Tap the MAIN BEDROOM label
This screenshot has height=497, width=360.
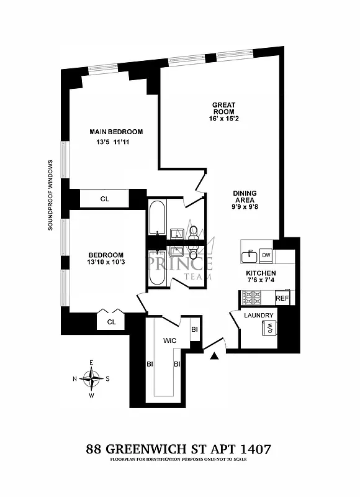(116, 132)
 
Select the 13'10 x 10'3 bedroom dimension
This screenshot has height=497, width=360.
(106, 263)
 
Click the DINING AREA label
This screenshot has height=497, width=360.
(245, 197)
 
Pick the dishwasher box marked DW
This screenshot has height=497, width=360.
(266, 255)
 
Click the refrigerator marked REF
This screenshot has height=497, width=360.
(282, 298)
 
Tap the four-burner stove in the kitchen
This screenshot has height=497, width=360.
(252, 298)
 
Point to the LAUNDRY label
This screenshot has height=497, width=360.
(259, 315)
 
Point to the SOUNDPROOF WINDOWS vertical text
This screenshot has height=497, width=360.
(51, 194)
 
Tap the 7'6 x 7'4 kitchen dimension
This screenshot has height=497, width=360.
(260, 281)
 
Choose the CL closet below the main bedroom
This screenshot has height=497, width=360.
(105, 199)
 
